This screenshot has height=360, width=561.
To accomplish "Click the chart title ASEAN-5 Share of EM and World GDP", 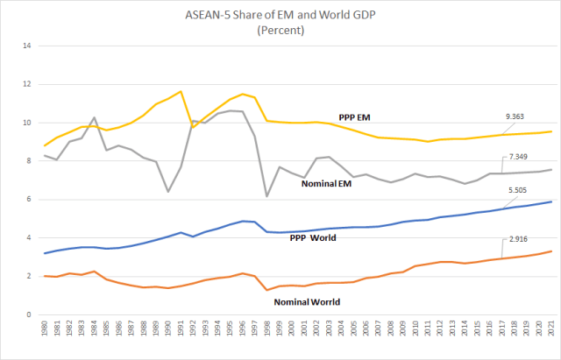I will coord(280,13).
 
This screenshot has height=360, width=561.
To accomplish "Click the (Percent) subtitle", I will coord(280,29).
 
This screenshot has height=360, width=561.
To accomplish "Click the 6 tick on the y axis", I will coord(29,200).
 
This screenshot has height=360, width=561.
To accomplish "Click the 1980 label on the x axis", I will coord(43,333).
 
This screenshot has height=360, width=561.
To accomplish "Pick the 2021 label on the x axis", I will coord(550,333).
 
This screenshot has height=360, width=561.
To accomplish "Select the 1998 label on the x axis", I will coord(266,333).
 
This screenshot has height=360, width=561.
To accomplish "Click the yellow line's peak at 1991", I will coord(180,91).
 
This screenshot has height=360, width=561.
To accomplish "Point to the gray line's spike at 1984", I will coord(93,117).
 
